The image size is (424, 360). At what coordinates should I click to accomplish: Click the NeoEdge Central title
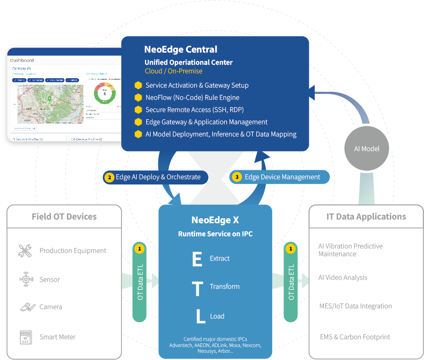tap(180, 50)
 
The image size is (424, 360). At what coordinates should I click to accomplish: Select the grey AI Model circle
tap(367, 149)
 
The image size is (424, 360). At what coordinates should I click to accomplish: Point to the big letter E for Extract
tap(197, 259)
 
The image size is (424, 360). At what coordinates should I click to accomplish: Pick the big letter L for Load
tap(200, 316)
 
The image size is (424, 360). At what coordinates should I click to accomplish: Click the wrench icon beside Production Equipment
tap(25, 251)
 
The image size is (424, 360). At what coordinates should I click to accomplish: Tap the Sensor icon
tap(26, 279)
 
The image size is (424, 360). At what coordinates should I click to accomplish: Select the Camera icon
tap(27, 307)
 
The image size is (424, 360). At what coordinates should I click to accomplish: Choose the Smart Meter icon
tap(26, 337)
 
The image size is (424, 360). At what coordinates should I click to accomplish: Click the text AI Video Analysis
tap(343, 278)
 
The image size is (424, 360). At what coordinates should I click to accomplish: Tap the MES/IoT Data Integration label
tap(356, 306)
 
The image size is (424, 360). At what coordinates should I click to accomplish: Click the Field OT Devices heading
tap(64, 217)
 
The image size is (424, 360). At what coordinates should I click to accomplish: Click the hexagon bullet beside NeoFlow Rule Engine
tap(138, 98)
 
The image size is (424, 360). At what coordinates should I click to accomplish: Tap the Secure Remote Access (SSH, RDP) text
tap(194, 110)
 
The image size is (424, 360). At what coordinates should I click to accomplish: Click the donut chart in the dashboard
tap(105, 94)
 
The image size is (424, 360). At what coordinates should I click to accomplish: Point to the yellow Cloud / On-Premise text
tap(174, 71)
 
